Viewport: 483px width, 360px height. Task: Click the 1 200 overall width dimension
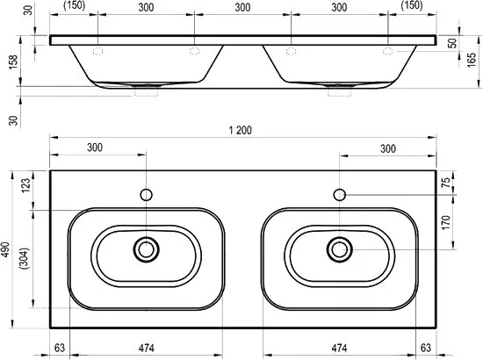240,130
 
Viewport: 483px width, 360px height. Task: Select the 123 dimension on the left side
25,185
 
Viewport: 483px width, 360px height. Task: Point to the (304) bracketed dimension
24,258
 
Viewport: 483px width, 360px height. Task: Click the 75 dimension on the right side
446,183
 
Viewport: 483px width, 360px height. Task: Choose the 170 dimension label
446,222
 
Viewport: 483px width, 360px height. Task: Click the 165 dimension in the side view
472,61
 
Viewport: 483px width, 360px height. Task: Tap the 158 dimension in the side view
13,62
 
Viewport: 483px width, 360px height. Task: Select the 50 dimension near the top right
452,43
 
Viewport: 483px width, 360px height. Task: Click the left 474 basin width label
146,349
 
